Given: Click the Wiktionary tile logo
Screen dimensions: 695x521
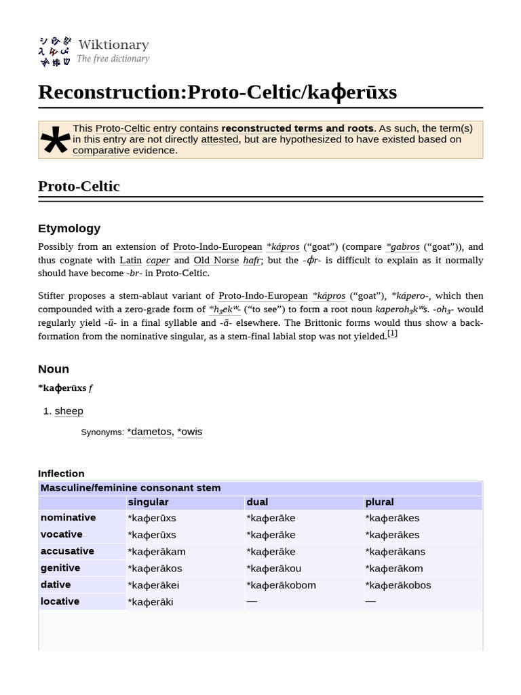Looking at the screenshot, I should (54, 52).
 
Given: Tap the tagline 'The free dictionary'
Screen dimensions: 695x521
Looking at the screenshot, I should (113, 59).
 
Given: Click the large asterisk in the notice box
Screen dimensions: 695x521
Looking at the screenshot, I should (55, 142).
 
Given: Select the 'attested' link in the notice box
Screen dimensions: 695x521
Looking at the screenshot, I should (219, 139).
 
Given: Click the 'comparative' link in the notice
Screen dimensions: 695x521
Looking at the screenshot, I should (101, 150).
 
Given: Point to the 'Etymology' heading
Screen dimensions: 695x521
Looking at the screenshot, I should (69, 228).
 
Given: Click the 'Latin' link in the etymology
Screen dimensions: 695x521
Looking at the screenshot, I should (130, 260).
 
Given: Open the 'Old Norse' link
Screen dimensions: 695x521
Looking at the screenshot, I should (216, 260).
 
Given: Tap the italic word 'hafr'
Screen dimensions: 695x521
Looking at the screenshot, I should (252, 260).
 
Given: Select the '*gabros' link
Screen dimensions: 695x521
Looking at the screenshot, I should (402, 246).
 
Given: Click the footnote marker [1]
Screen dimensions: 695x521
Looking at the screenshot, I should (392, 333).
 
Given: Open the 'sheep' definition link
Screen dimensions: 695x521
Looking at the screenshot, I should (69, 411).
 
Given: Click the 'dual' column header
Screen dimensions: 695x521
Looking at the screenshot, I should (257, 502).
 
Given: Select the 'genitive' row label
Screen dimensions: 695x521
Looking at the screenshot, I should (60, 567).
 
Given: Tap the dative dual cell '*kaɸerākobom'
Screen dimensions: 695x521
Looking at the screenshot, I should (281, 585).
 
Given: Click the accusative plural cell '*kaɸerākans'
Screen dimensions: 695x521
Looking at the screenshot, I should (395, 552).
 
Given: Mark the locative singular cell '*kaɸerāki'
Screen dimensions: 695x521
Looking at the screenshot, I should (150, 602).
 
